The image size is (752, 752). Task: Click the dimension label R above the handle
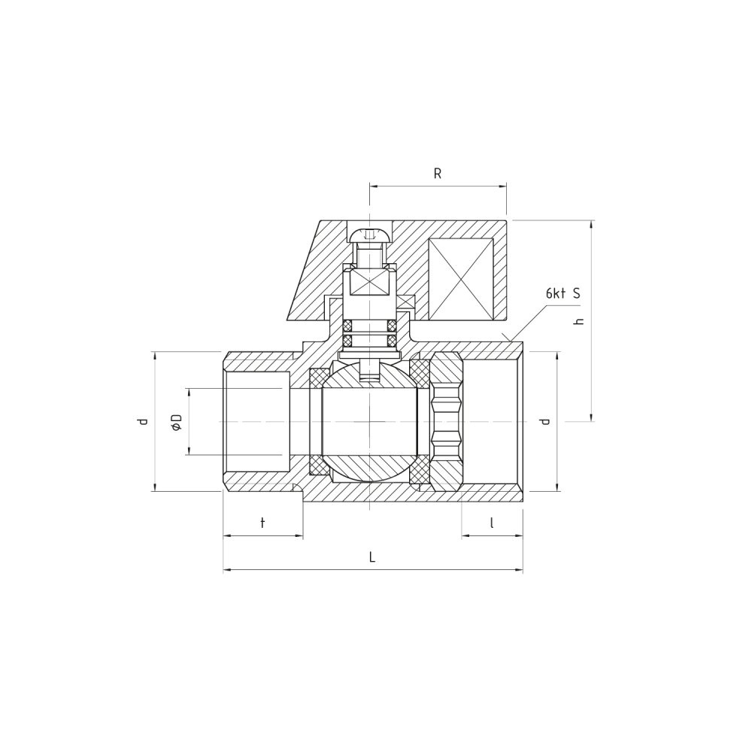(437, 174)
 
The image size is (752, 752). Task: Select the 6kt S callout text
(563, 293)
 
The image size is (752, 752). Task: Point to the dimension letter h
(579, 321)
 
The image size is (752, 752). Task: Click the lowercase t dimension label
(262, 523)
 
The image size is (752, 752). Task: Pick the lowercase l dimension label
(492, 523)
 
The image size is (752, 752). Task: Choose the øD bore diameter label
(177, 422)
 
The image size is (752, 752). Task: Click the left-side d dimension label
(142, 422)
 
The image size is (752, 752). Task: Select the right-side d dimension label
(544, 422)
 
